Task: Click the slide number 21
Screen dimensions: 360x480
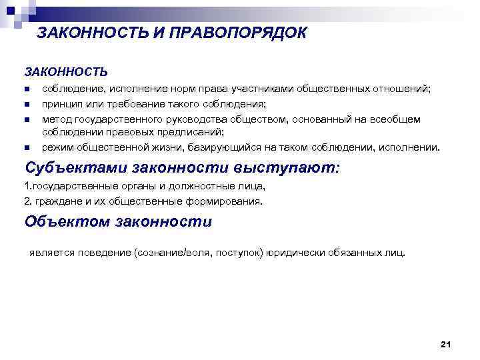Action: coord(446,344)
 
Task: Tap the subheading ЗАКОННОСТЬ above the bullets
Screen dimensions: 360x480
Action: coord(66,71)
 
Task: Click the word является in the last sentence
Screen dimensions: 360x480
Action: coord(51,253)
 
